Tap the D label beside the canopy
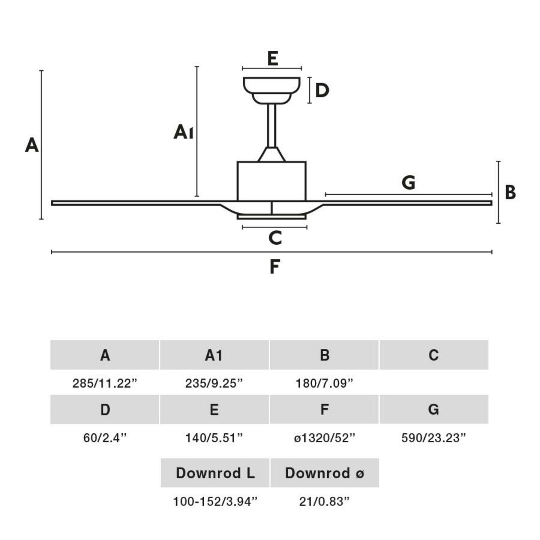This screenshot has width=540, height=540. (322, 91)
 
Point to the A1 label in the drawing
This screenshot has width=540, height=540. (183, 132)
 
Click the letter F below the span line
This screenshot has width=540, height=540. (275, 267)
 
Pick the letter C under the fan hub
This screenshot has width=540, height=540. (275, 238)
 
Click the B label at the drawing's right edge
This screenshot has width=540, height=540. (510, 193)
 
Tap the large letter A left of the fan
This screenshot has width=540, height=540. (32, 145)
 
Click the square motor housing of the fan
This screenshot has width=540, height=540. (271, 181)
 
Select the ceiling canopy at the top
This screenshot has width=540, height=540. (271, 89)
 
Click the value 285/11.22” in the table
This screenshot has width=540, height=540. (105, 383)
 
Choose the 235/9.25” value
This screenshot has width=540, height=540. (214, 383)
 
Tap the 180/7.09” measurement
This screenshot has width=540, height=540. (324, 383)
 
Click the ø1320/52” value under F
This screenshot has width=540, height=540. (324, 438)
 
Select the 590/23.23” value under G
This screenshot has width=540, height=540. (433, 438)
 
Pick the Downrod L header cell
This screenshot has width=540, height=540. (215, 473)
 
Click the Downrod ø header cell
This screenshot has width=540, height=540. (325, 473)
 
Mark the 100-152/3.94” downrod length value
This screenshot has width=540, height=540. (215, 501)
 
